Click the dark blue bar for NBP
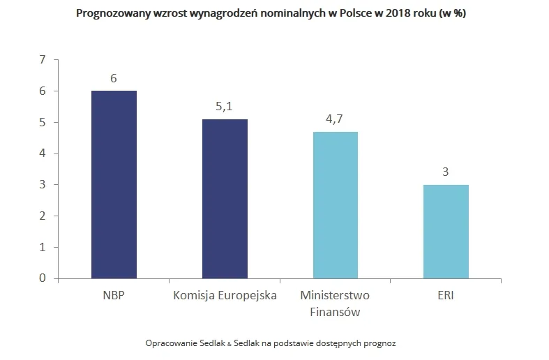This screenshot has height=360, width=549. (114, 185)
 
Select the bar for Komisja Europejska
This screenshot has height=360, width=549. (225, 199)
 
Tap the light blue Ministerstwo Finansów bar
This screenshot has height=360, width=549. (335, 205)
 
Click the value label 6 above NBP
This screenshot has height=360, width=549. (114, 77)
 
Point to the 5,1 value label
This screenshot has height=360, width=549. (225, 106)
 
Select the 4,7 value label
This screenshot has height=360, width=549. (335, 119)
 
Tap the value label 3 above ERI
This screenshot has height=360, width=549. (445, 172)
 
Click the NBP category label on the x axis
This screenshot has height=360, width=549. (114, 295)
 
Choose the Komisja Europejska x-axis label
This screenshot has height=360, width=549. (225, 295)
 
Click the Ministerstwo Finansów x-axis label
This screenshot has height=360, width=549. (335, 303)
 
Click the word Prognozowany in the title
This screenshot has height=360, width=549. (114, 14)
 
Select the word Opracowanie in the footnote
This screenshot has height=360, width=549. (169, 344)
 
